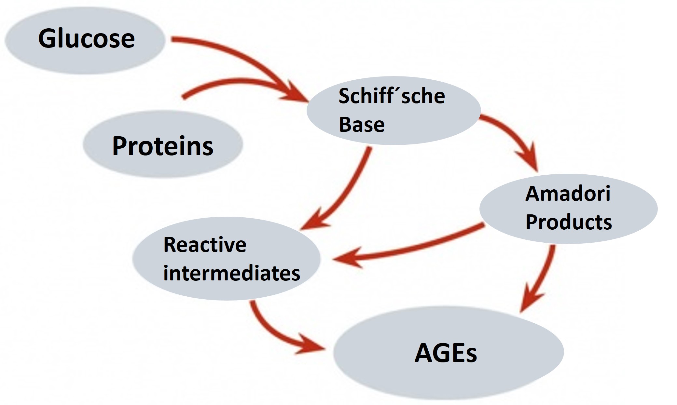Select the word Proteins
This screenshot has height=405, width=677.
[163, 146]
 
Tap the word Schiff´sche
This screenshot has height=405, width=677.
[392, 96]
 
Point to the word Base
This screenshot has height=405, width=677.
[362, 125]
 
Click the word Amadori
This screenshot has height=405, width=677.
[568, 194]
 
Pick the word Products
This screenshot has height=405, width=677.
[569, 222]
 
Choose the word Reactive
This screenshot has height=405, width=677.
[205, 245]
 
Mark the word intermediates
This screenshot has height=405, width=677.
[231, 273]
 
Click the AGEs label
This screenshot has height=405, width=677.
[446, 353]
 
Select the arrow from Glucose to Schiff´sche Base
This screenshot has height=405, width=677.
[241, 55]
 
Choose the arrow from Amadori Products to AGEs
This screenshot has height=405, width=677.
[544, 277]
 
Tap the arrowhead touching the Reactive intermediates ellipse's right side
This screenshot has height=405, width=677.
[348, 259]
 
